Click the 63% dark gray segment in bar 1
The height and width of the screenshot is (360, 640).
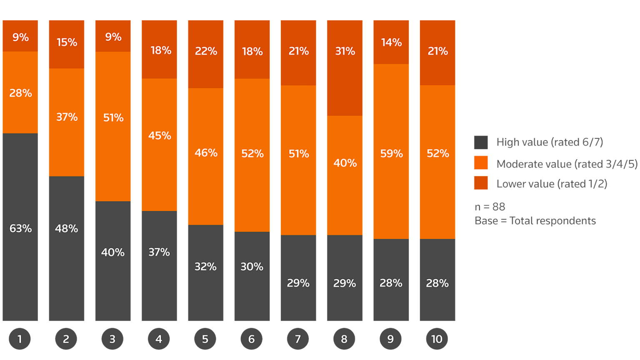point(20,227)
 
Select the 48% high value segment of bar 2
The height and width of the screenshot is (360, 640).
point(67,248)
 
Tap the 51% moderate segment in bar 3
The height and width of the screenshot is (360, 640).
point(113,126)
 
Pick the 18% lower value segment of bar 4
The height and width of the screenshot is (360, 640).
point(159,49)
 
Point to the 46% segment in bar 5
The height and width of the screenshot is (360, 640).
point(205,156)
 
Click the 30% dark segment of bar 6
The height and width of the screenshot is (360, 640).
point(252,276)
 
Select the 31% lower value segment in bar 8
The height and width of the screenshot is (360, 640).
point(345,68)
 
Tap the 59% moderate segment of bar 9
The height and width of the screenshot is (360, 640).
point(391,151)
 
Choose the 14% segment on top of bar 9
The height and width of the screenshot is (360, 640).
point(391,42)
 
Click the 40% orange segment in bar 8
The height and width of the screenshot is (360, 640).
point(345,175)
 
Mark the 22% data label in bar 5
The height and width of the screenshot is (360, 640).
point(206,51)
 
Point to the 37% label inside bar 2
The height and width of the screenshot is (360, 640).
point(67,117)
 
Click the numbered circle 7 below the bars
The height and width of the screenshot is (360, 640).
point(298,339)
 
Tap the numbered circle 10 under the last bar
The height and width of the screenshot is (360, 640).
point(437,339)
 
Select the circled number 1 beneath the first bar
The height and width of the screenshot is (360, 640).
point(20,339)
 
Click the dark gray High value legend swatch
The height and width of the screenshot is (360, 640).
point(481,142)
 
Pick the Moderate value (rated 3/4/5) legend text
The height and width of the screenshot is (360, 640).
point(567,164)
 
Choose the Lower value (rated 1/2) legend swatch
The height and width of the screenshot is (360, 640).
point(481,183)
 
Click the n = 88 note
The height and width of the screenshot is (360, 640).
point(490,207)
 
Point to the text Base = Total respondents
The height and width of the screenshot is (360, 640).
point(535,221)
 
